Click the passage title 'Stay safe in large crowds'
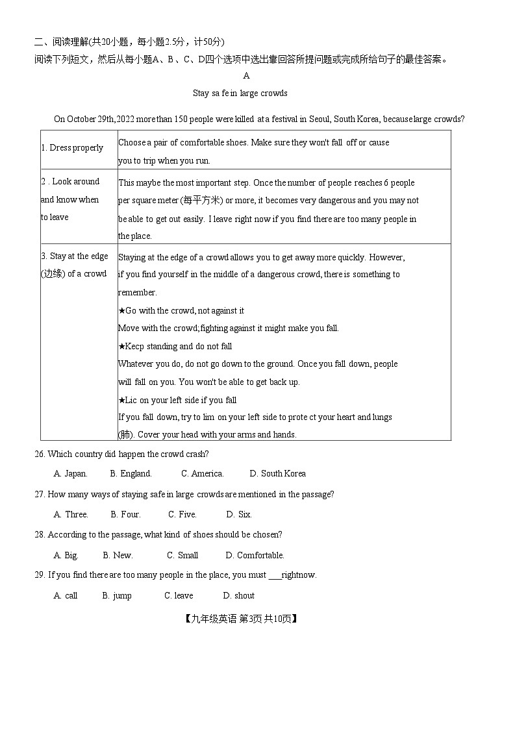[240, 93]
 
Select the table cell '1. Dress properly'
[72, 148]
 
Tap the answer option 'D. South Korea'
[277, 474]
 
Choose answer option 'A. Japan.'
[70, 474]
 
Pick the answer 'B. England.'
[131, 474]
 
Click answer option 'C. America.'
[202, 474]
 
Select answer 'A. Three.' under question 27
[71, 515]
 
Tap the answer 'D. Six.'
[238, 515]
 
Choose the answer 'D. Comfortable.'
[255, 556]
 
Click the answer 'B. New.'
[118, 556]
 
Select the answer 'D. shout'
[238, 596]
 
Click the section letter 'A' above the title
[246, 76]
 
